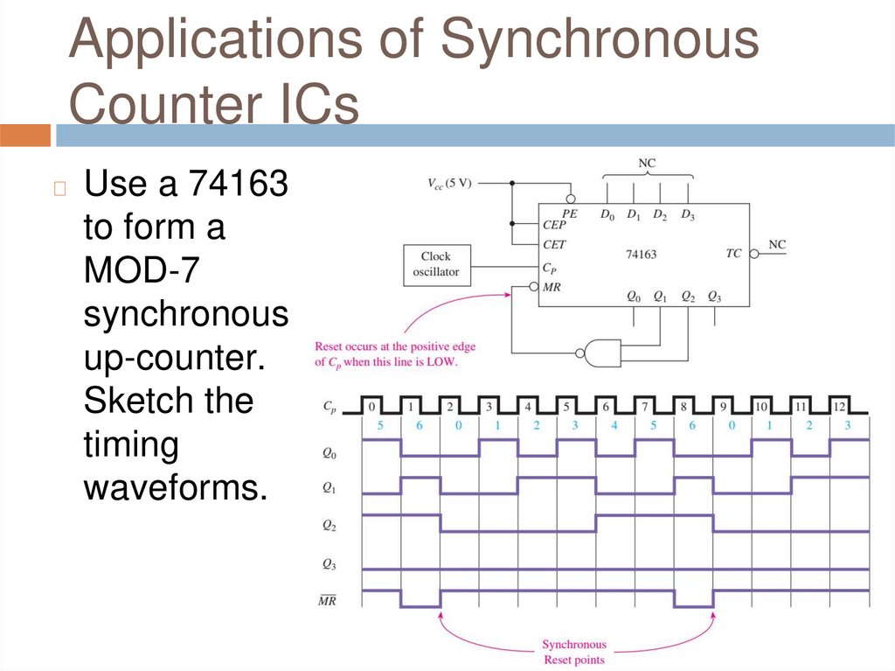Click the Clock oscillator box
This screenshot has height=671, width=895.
pyautogui.click(x=435, y=264)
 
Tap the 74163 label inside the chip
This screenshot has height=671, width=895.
pyautogui.click(x=641, y=255)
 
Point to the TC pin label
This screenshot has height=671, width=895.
pyautogui.click(x=733, y=253)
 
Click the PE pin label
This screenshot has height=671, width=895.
pyautogui.click(x=570, y=213)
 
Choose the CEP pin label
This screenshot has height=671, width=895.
pyautogui.click(x=554, y=224)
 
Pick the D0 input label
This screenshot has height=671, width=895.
pyautogui.click(x=607, y=213)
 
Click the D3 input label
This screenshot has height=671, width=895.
pyautogui.click(x=688, y=213)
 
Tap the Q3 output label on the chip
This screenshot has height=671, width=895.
pyautogui.click(x=714, y=296)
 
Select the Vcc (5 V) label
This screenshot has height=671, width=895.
pyautogui.click(x=449, y=183)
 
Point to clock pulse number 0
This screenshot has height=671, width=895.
pyautogui.click(x=371, y=407)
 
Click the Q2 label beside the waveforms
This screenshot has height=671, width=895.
pyautogui.click(x=329, y=526)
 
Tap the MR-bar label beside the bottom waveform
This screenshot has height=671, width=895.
pyautogui.click(x=328, y=600)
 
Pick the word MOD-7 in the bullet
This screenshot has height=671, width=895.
pyautogui.click(x=142, y=270)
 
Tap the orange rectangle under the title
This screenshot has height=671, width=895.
pyautogui.click(x=25, y=136)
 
